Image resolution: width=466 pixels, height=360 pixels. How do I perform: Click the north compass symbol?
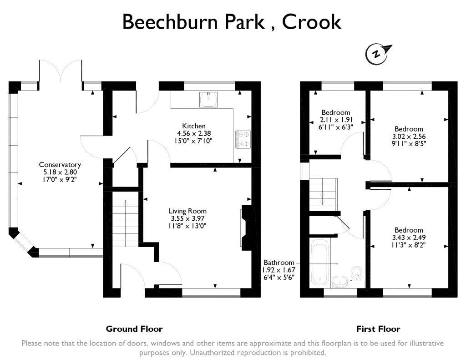[377, 54]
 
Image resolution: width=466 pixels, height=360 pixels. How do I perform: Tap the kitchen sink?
[208, 99]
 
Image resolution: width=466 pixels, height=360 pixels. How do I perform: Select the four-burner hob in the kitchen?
[243, 138]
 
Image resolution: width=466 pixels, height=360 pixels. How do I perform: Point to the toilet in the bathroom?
[356, 275]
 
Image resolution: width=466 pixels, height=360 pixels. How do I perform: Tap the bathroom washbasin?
[339, 282]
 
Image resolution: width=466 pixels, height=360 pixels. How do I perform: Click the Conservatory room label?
[60, 165]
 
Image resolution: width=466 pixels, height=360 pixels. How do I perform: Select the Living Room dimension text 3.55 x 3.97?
[187, 218]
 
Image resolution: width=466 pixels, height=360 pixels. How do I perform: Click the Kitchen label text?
[194, 126]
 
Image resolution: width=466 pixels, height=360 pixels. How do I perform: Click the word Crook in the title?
[312, 22]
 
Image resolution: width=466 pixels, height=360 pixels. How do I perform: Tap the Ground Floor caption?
[134, 329]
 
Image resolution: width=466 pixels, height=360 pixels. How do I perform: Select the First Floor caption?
[378, 329]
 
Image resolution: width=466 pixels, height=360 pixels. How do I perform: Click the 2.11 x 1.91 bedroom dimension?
[336, 120]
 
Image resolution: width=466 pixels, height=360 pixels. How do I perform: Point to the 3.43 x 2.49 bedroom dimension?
[409, 238]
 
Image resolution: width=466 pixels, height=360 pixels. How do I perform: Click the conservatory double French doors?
[61, 71]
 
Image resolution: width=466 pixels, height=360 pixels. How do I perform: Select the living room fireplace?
[246, 228]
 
